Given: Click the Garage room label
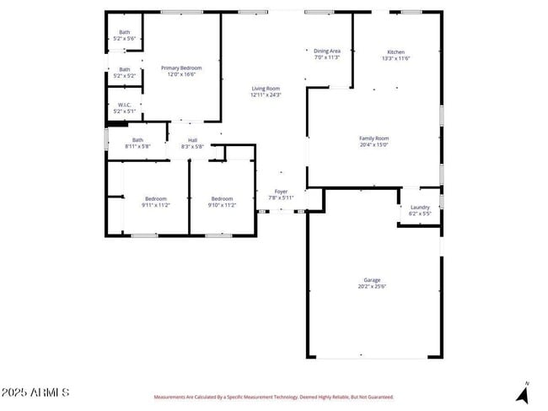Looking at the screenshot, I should (x=372, y=280).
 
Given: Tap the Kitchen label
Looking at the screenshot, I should (x=395, y=51).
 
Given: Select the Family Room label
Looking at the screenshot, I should (x=373, y=138).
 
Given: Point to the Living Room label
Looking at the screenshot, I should (x=265, y=88).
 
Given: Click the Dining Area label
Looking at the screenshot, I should (x=327, y=51).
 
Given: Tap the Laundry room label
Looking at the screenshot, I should (x=420, y=208).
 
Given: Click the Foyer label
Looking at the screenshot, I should (x=281, y=192).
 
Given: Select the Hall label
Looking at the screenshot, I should (x=192, y=140).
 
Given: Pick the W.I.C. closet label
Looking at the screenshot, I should (x=124, y=105).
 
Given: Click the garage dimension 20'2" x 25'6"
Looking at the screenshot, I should (x=372, y=287).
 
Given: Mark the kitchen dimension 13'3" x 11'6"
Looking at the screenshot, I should (x=395, y=58).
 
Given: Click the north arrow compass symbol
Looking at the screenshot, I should (x=523, y=393).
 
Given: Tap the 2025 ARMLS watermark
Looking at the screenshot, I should (x=35, y=392).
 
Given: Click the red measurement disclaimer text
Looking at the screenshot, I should (x=272, y=397).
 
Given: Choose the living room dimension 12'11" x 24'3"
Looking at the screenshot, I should (x=265, y=95).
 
